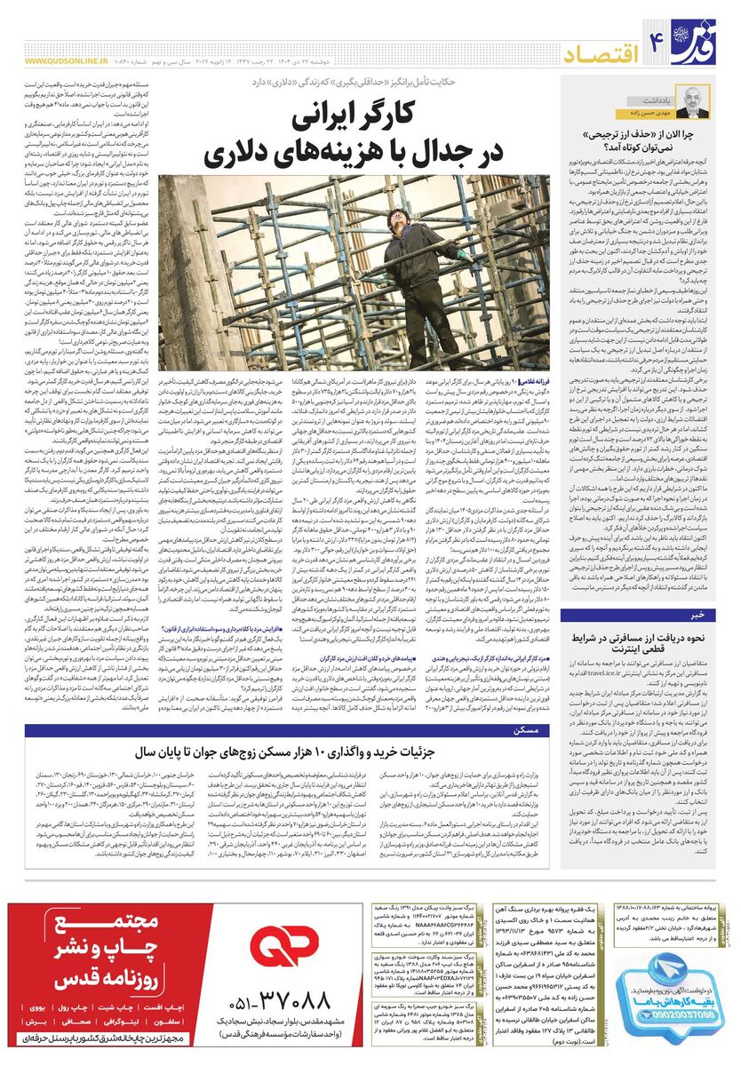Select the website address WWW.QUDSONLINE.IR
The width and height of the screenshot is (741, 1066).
coord(67,61)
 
